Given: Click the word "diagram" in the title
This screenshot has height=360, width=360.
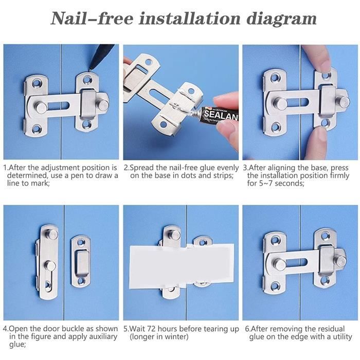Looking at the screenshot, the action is coord(281,20).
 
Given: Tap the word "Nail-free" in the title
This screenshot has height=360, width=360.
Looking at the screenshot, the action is coord(92,18).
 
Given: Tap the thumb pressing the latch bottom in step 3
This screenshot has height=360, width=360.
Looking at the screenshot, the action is coord(316,143).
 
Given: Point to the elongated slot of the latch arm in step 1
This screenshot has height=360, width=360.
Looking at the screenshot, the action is coord(58,106).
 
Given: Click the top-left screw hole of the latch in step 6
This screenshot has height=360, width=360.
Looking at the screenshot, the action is coord(275,241).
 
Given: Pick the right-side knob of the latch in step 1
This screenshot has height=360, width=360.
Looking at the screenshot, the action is coord(103,105).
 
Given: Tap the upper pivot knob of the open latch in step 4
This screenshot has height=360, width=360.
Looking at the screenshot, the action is coord(52,235).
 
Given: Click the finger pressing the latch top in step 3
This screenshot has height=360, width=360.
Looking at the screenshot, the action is coord(316,58).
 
